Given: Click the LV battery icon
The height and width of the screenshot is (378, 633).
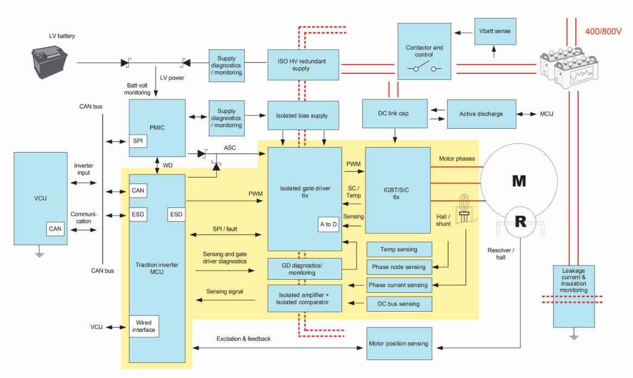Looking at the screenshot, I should click(x=50, y=62).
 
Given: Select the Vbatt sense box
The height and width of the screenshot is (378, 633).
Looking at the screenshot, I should click(x=495, y=31).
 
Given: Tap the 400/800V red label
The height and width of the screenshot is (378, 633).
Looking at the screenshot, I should click(x=603, y=31).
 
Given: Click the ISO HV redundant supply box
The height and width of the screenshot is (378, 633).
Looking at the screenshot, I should click(x=303, y=65).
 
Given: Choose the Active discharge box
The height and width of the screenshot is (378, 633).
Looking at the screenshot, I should click(x=481, y=114).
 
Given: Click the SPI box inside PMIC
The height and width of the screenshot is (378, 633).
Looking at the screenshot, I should click(x=138, y=140).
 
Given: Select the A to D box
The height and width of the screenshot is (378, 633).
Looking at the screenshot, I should click(x=328, y=224).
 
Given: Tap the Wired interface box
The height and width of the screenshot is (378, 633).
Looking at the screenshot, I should click(x=144, y=326).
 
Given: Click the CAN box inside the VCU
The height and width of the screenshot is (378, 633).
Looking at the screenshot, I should click(x=55, y=229).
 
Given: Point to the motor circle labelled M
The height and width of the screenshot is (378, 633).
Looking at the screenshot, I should click(x=519, y=181).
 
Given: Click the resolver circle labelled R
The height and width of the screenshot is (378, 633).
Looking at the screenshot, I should click(x=520, y=222).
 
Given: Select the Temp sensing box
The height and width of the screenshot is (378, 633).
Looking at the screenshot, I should click(x=400, y=249).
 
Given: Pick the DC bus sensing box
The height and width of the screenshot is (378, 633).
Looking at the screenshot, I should click(x=400, y=304).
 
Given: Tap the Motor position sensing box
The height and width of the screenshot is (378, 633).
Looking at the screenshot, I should click(x=399, y=343).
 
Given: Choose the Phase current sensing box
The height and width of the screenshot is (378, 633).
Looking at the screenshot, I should click(x=399, y=285).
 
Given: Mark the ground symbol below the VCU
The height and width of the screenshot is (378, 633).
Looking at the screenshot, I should click(x=39, y=253).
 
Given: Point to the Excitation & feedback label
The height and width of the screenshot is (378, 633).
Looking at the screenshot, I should click(x=243, y=338).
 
